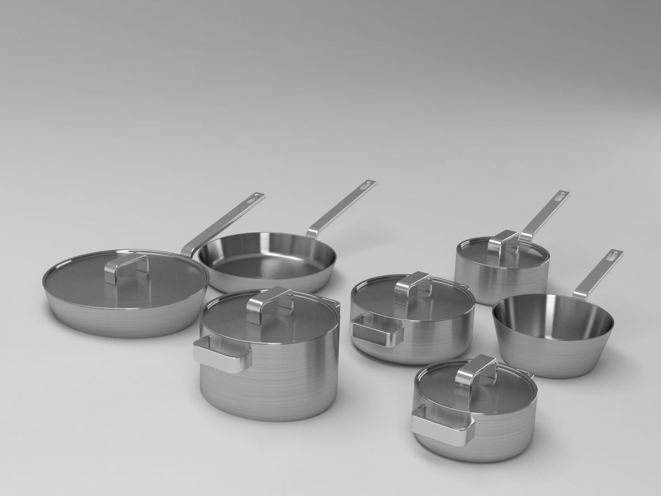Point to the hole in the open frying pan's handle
point(364,187)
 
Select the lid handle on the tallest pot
point(269,301)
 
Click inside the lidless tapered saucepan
point(551,317)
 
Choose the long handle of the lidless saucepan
point(595,276)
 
